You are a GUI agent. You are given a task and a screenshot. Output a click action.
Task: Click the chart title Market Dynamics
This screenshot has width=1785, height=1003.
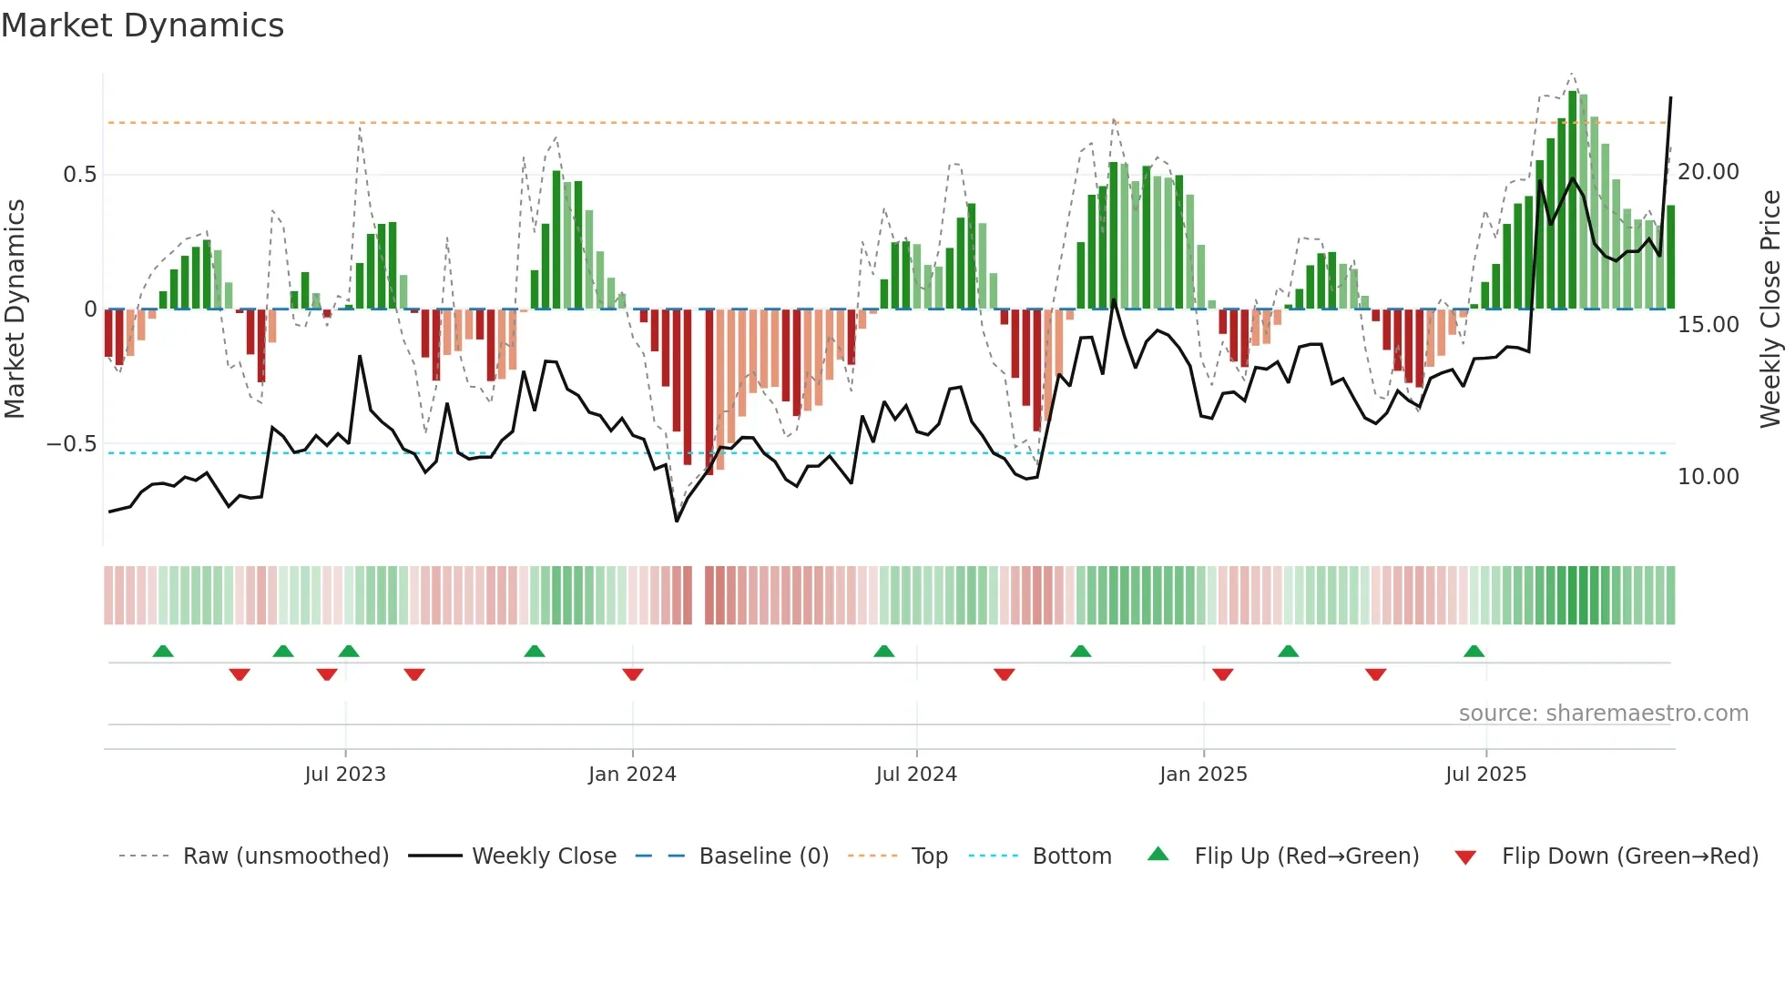[x=142, y=25]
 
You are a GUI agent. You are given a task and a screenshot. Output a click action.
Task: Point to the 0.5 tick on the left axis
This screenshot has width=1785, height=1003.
[x=79, y=175]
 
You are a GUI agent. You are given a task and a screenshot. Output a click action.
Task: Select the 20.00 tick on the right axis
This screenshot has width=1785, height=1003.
[x=1708, y=172]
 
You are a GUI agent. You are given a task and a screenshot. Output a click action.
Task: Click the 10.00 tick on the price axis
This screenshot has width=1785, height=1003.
[x=1708, y=477]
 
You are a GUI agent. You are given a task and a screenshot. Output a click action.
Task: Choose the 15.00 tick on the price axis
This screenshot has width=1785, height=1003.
[x=1708, y=325]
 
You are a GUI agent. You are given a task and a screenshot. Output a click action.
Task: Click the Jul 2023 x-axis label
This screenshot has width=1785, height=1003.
[x=345, y=775]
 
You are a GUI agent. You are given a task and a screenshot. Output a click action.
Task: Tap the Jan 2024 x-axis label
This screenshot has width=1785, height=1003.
[x=632, y=775]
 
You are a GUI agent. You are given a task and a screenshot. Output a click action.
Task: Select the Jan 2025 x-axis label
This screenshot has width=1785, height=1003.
[x=1203, y=775]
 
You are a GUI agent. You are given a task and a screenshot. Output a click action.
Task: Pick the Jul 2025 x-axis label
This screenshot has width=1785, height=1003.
[x=1485, y=775]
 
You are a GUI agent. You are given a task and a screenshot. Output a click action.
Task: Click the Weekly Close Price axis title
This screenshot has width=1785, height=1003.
[x=1770, y=309]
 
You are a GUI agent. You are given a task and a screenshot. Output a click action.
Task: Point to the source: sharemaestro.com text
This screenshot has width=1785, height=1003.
[x=1603, y=714]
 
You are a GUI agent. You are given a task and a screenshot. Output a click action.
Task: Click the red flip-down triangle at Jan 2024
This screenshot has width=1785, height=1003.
[x=633, y=674]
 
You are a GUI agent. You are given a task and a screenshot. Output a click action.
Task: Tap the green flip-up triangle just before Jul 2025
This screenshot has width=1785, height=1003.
[x=1474, y=651]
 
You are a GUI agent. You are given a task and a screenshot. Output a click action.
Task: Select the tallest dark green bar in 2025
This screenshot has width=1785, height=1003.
[x=1573, y=200]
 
